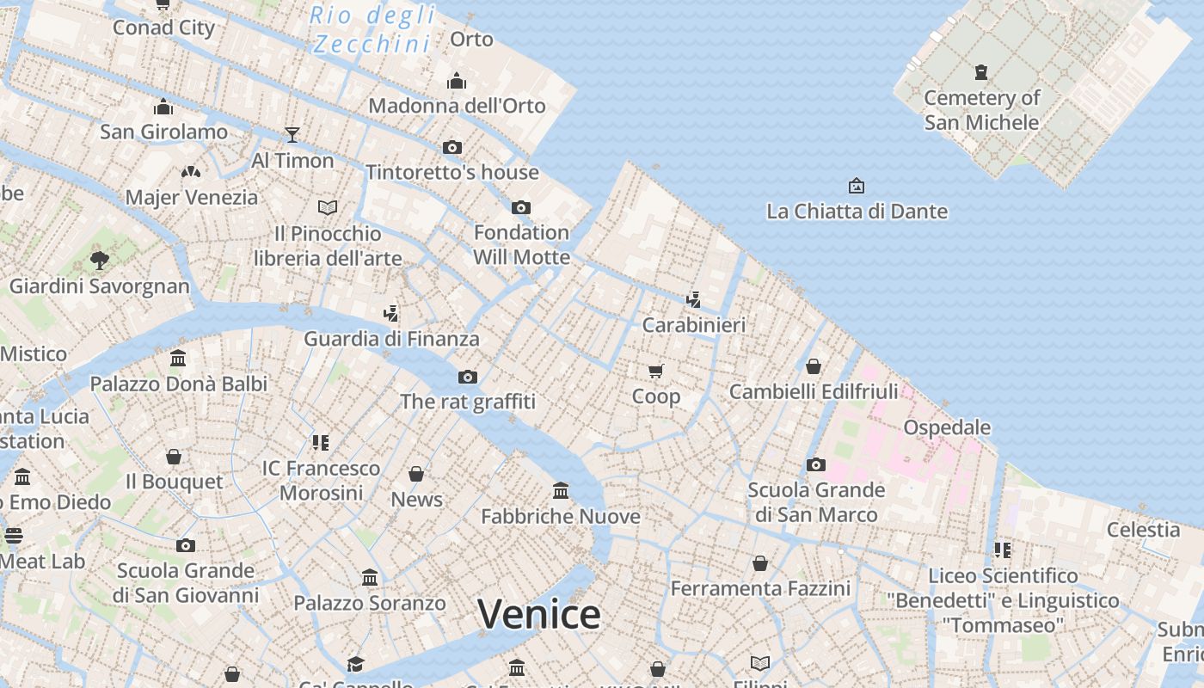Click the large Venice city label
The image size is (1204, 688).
pyautogui.click(x=538, y=614)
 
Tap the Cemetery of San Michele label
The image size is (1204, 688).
pyautogui.click(x=981, y=110)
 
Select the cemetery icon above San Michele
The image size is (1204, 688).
pyautogui.click(x=981, y=72)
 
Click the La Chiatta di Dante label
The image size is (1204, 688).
pyautogui.click(x=857, y=212)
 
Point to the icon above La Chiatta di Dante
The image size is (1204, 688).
pyautogui.click(x=857, y=186)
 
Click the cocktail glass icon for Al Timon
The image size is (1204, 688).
pyautogui.click(x=292, y=135)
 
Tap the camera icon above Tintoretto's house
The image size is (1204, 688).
pyautogui.click(x=452, y=147)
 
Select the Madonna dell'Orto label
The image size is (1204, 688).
pyautogui.click(x=457, y=106)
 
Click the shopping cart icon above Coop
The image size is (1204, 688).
pyautogui.click(x=656, y=371)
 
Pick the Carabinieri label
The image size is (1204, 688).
pyautogui.click(x=694, y=326)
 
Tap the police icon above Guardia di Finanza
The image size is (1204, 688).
pyautogui.click(x=391, y=313)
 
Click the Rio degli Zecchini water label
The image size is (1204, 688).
pyautogui.click(x=372, y=29)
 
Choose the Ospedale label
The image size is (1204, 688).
pyautogui.click(x=947, y=427)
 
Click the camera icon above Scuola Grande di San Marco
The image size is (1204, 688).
pyautogui.click(x=816, y=465)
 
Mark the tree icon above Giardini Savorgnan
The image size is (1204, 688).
pyautogui.click(x=100, y=260)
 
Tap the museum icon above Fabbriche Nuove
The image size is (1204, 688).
pyautogui.click(x=561, y=490)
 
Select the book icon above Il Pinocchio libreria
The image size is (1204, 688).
pyautogui.click(x=328, y=207)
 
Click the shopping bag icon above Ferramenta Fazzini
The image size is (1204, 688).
pyautogui.click(x=760, y=563)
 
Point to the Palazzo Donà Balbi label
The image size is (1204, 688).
pyautogui.click(x=179, y=384)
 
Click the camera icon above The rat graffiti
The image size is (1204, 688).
pyautogui.click(x=468, y=377)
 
